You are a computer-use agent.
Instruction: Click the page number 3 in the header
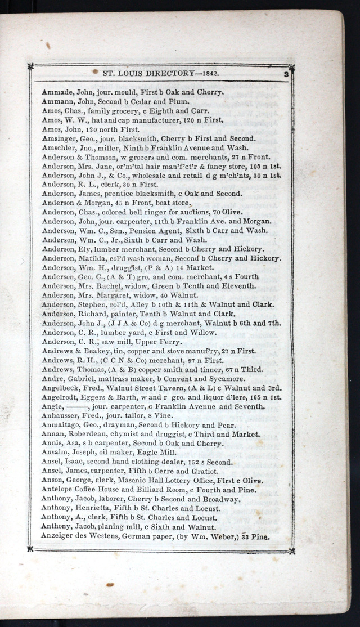[x=286, y=73]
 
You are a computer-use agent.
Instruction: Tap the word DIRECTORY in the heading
[x=163, y=73]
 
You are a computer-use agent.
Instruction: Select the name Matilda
[x=90, y=258]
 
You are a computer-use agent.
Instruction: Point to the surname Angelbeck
[x=60, y=388]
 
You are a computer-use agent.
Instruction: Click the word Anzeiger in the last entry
[x=57, y=536]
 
